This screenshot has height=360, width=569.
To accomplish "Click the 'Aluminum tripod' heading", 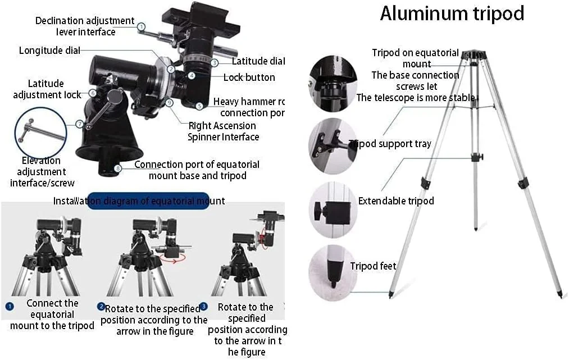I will (452, 13).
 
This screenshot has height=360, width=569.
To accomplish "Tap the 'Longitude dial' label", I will (49, 51).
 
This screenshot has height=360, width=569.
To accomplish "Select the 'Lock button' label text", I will (249, 78).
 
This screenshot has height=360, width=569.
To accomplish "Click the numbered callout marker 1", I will (142, 26).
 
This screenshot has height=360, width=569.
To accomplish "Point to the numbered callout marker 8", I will (117, 167).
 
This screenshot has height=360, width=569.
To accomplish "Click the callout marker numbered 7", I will (80, 124).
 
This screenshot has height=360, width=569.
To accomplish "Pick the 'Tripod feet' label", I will (373, 266).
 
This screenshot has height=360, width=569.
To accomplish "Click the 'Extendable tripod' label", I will (396, 200).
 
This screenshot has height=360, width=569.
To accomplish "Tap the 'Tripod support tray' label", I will (390, 144).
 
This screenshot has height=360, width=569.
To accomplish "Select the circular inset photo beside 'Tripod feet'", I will (333, 272).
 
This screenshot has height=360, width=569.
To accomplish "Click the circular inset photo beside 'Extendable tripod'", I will (333, 209).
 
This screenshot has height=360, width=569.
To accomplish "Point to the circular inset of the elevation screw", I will (41, 132).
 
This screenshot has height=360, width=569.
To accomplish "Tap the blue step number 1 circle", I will (10, 307).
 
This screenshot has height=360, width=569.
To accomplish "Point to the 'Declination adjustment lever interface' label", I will (84, 26).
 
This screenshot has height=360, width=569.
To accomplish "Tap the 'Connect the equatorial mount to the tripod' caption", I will (52, 315).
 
